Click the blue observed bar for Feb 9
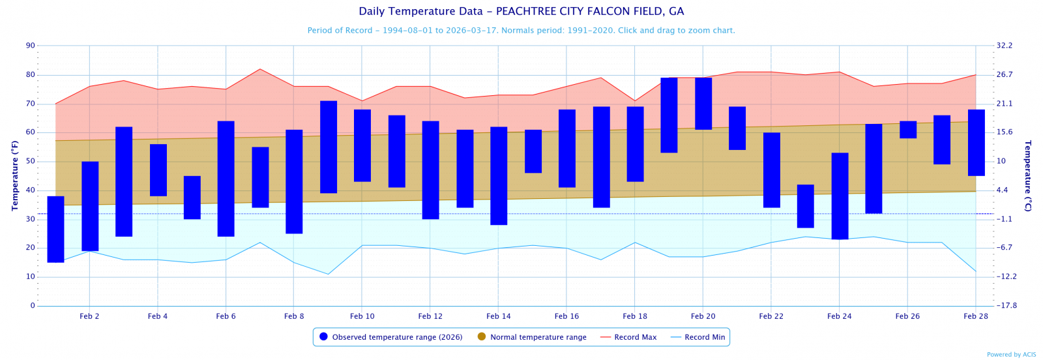coord(329,147)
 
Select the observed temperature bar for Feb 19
coord(669,115)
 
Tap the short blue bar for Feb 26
coord(908,129)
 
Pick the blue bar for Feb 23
coord(806,206)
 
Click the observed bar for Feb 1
coord(56,229)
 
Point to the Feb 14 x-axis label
coord(498,316)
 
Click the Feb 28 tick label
coord(975,316)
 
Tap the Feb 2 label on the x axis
coord(89,316)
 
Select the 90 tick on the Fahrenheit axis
coord(31,46)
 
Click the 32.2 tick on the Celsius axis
coord(1005,46)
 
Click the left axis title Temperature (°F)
coord(15,175)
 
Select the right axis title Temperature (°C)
coord(1028,175)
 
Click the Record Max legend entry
coord(635,337)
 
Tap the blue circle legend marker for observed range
coord(323,337)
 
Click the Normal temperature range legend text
coord(538,337)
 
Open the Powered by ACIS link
coord(1011,355)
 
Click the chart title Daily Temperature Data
coord(521,12)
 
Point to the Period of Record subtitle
coord(521,31)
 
